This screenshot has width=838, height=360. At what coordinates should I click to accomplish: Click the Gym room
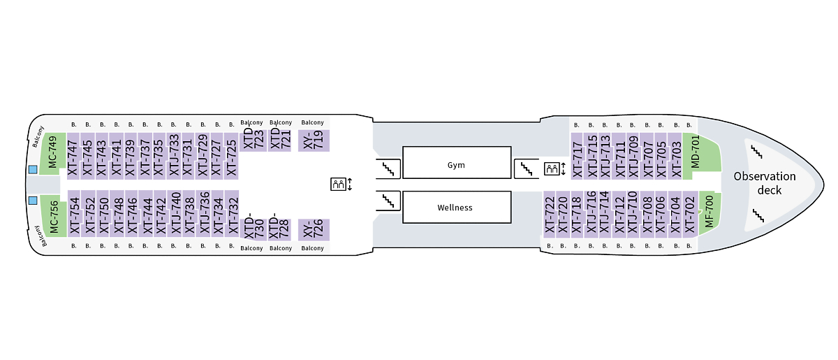(456, 165)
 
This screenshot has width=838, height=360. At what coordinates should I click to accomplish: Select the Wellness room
(456, 208)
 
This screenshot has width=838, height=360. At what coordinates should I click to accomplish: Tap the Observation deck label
(764, 183)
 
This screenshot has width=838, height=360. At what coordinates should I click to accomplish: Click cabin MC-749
(53, 154)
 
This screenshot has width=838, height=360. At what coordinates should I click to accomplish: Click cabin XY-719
(314, 140)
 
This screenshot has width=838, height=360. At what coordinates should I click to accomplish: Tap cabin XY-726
(314, 229)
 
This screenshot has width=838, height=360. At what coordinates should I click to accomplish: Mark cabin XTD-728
(281, 226)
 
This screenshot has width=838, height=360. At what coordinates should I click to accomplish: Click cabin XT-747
(73, 157)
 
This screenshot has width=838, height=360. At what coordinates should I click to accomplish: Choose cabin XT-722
(550, 214)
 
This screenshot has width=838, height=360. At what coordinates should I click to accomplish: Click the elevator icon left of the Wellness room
(340, 185)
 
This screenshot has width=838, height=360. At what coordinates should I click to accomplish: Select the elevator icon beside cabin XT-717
(554, 168)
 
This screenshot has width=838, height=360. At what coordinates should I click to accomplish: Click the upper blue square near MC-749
(32, 169)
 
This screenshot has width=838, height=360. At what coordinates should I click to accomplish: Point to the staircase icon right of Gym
(525, 168)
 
